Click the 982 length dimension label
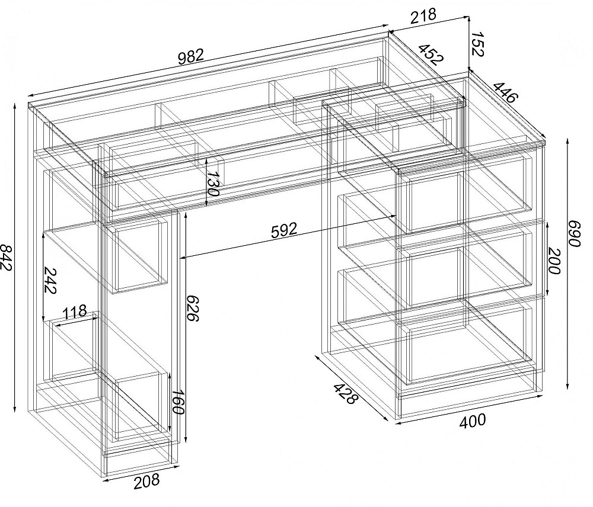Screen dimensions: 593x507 coord(191,57)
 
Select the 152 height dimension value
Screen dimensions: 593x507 coord(477,44)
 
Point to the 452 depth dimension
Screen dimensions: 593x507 coord(431,54)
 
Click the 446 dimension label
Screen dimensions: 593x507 coord(505,92)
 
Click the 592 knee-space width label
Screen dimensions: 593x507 coord(284,230)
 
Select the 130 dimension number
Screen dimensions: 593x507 coord(213,184)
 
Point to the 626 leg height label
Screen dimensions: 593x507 coord(193,308)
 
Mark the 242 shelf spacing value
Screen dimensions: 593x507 coord(50,280)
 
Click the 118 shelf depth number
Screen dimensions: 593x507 coord(75,313)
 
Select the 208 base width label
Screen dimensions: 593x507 coord(146,482)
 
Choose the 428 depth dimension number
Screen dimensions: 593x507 coord(345,394)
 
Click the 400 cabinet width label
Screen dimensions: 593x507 coord(472,421)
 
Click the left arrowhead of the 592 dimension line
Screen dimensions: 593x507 coord(183,258)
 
